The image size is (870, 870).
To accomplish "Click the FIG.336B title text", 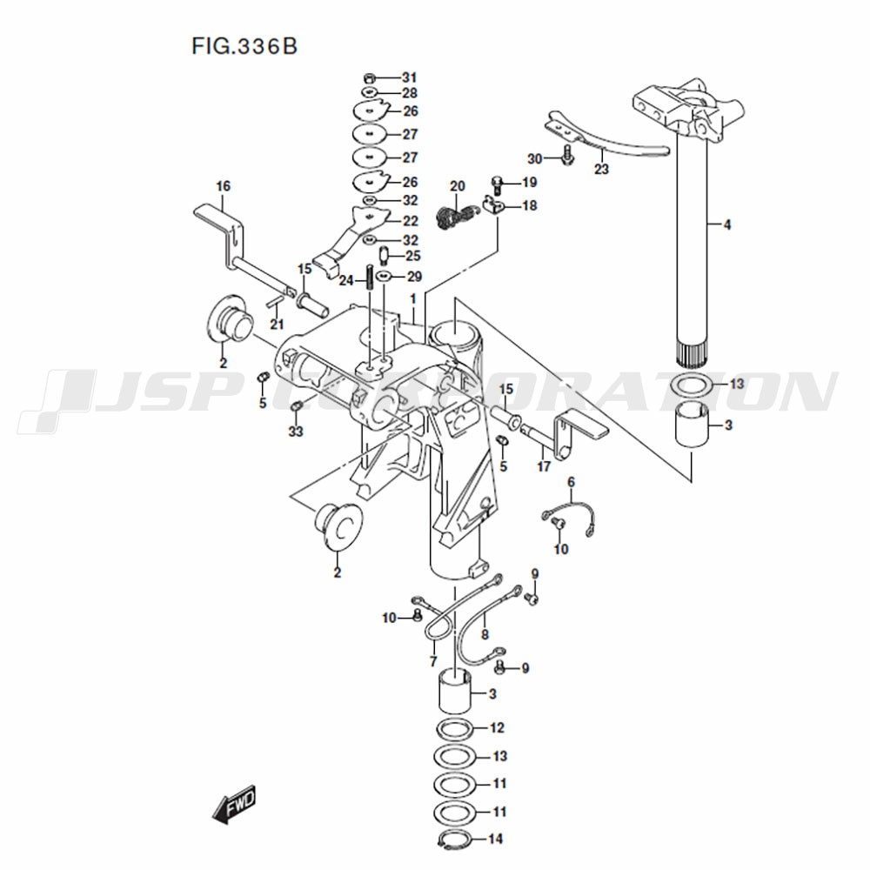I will click(244, 45).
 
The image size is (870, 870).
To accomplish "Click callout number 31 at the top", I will click(409, 77).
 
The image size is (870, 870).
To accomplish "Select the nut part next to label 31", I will click(369, 77).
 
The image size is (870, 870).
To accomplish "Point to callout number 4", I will click(726, 225).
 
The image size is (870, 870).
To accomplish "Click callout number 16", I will click(224, 186).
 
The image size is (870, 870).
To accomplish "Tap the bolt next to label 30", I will click(566, 157).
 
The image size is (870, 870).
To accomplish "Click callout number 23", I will click(601, 170).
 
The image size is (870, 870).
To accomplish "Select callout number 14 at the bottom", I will click(497, 840).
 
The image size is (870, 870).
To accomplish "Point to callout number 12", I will click(497, 727).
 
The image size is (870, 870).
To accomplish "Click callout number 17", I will click(545, 466).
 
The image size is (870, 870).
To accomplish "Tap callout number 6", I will click(572, 482).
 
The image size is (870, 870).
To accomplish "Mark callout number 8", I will click(485, 635).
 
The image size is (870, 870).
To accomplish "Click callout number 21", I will click(277, 325).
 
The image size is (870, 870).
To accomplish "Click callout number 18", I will click(529, 205).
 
